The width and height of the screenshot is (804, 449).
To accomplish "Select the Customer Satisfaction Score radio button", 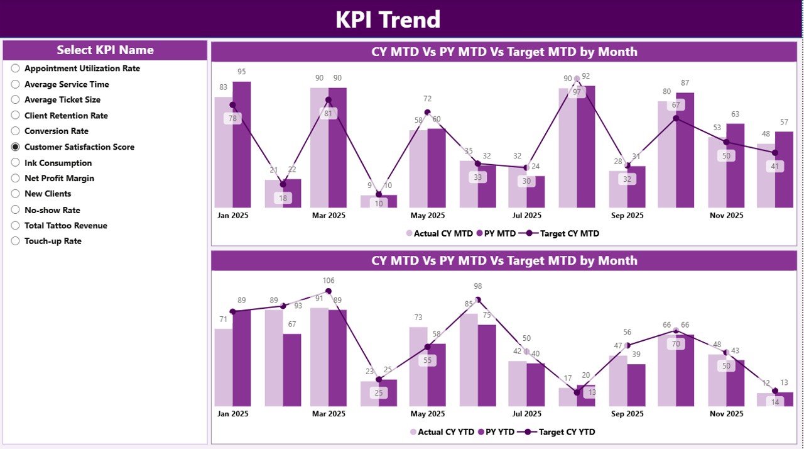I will (16, 147).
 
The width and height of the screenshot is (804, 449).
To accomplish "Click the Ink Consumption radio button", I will (16, 162).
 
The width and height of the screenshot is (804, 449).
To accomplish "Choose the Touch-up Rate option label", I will (53, 241).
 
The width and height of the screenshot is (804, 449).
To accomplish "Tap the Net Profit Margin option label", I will (59, 178).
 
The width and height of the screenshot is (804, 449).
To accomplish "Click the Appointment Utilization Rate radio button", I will (16, 68).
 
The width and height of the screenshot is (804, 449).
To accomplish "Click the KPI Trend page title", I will (388, 19).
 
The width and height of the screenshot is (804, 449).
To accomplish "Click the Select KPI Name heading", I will (105, 50).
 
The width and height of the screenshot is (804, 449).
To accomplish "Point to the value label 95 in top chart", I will (241, 72).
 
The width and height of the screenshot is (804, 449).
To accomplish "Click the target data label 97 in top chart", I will (577, 92).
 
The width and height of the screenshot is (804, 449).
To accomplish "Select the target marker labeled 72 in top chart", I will (427, 113).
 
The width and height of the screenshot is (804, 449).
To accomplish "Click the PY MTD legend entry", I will (496, 233).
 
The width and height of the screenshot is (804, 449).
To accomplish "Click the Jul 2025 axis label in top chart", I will (526, 215).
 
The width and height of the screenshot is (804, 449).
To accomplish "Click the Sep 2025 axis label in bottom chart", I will (626, 414).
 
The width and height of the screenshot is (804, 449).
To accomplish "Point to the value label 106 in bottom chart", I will (329, 280).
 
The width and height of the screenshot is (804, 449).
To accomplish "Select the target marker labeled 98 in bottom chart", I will (477, 300).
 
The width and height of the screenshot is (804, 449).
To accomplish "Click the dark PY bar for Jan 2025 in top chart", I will (241, 145).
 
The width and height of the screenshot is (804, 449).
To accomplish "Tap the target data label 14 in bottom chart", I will (774, 402).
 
